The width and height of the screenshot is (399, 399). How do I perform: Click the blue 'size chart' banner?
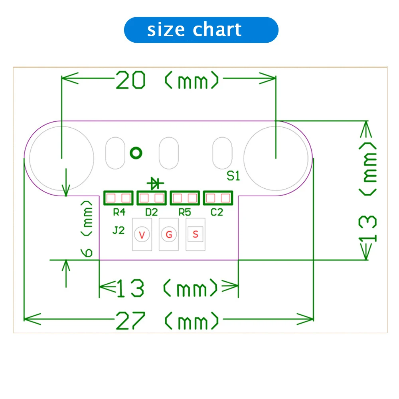coord(201,30)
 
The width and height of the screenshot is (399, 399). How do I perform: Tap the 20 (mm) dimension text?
coord(168,81)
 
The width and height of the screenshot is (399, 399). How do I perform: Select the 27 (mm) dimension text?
coord(168,320)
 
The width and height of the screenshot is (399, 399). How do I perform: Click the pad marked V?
coord(142,235)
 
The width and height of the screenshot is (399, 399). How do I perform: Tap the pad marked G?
coord(168,235)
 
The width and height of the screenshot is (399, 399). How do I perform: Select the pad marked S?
coord(195,234)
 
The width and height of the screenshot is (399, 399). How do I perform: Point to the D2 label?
coord(151,212)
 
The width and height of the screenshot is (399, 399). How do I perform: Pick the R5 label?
coord(184,212)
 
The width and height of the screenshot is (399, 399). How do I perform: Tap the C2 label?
coord(217,212)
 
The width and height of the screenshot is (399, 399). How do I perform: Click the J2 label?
coord(119,231)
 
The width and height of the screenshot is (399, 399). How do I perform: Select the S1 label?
coord(233,176)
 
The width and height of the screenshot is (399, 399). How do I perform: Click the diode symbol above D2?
coord(155,183)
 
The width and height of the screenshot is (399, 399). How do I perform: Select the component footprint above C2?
coord(218,198)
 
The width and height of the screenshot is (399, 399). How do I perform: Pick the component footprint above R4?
coord(119,198)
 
